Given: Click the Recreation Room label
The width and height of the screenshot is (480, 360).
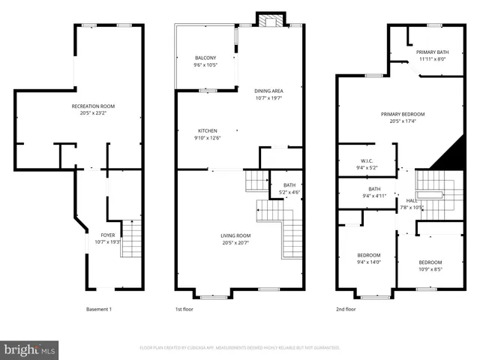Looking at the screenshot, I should [x=93, y=106].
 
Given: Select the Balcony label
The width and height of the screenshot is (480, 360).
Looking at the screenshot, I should [x=205, y=58].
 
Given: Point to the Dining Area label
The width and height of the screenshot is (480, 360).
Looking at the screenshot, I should [x=268, y=91].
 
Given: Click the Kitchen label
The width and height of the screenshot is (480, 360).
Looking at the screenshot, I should [x=207, y=130].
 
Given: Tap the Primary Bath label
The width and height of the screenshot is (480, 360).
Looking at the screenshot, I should [x=432, y=52].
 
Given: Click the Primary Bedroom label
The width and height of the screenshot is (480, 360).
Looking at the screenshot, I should [x=397, y=114].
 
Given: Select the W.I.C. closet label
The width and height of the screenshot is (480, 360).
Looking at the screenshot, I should [x=367, y=160].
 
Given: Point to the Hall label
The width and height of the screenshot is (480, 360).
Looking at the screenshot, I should [x=412, y=201].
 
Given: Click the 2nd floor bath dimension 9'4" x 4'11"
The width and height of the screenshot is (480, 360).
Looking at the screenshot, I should [x=374, y=196].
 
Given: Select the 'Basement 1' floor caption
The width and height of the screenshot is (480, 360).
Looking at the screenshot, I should [x=99, y=309].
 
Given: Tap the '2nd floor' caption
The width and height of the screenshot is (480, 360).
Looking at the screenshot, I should [x=346, y=309].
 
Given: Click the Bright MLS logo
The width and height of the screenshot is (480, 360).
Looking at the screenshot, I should [x=30, y=349].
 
